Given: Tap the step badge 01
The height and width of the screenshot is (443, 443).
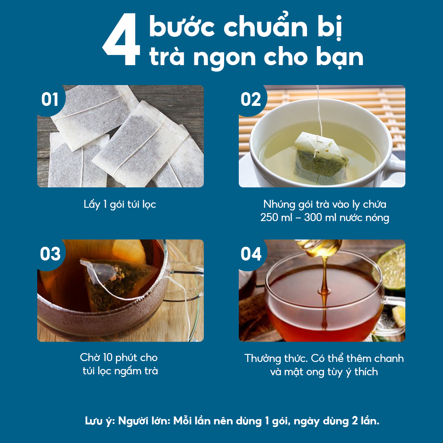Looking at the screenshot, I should coord(50,99).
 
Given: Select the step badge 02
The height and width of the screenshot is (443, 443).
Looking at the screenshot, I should coord(251,99).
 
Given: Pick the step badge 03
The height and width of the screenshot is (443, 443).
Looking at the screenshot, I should coord(50,254).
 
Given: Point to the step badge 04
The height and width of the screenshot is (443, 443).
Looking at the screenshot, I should coord(251,254).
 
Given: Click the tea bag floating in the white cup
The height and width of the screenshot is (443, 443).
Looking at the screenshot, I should coord(321,157).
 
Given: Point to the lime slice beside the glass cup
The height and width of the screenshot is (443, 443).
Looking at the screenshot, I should coord(392,266).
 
